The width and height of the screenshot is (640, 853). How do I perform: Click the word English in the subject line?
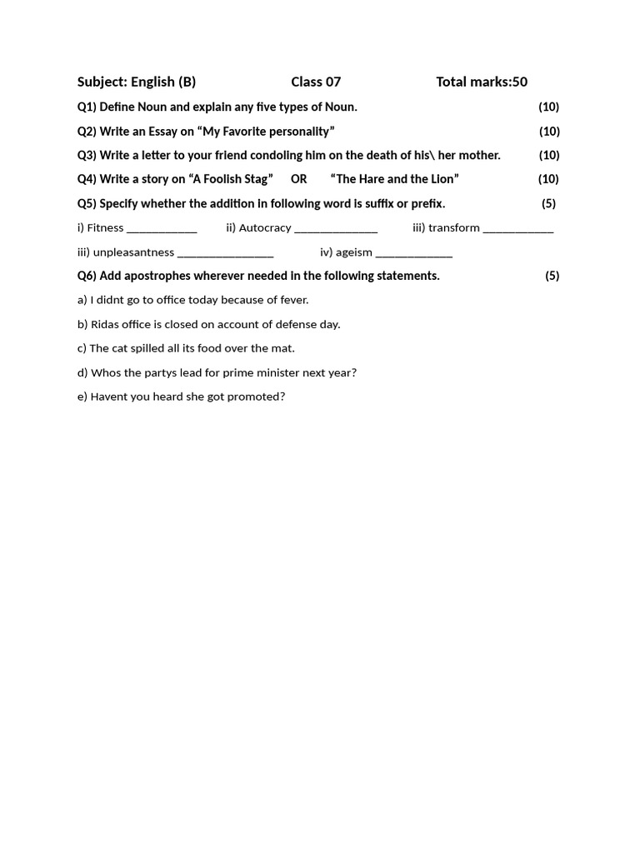pos(152,82)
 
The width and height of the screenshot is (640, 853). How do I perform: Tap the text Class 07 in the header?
pos(316,82)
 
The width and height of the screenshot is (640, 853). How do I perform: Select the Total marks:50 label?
pos(482,82)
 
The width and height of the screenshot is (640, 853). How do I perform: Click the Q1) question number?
pos(87,107)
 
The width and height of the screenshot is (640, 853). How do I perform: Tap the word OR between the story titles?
pos(298,179)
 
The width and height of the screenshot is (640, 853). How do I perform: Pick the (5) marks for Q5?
pos(548,203)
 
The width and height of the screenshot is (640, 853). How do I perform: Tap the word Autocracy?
pos(265,227)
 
